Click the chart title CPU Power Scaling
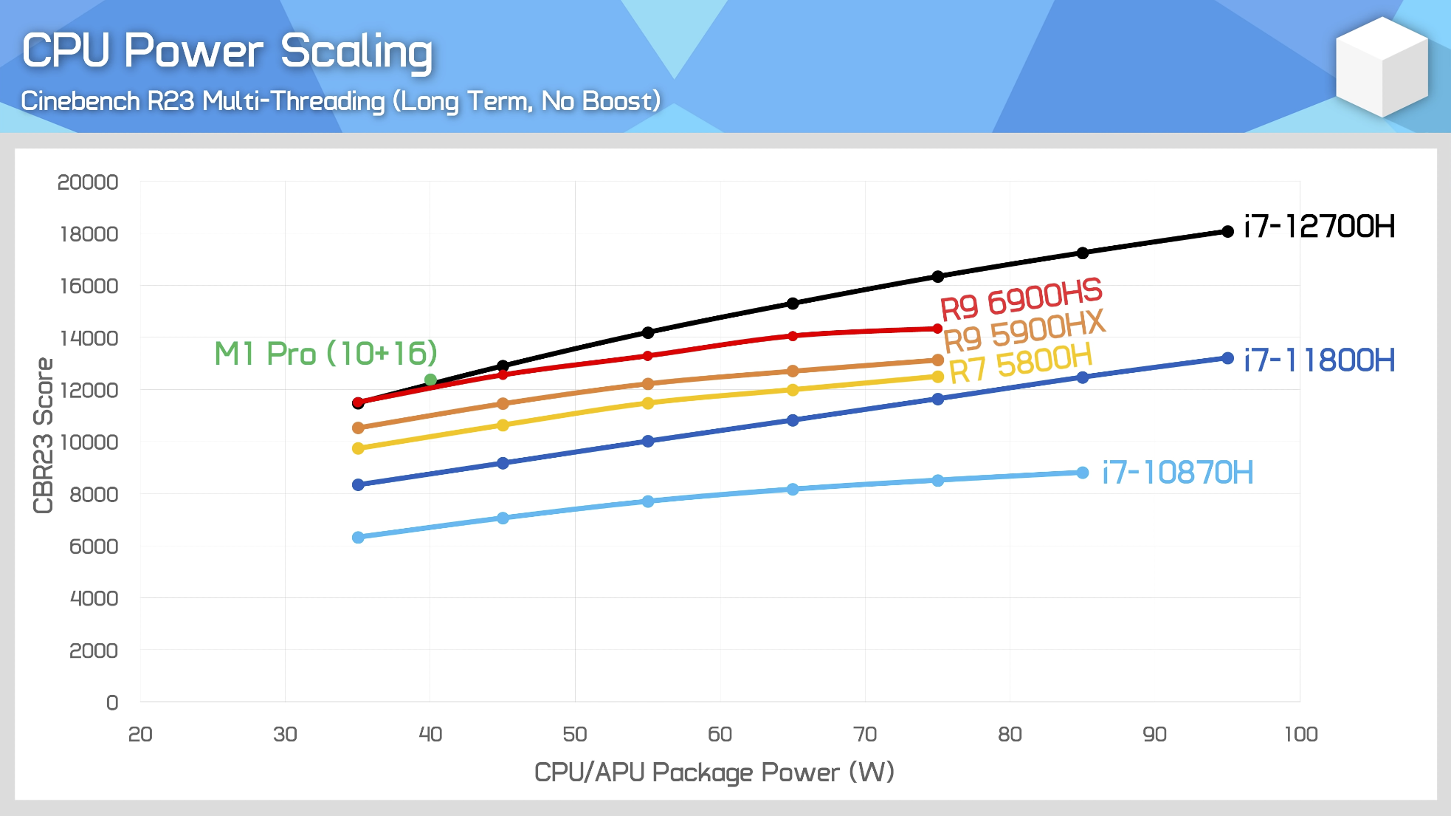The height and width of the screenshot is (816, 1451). [227, 51]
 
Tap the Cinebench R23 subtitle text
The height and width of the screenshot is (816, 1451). [340, 101]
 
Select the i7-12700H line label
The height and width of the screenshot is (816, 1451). [1319, 227]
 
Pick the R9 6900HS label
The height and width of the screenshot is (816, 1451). [1021, 298]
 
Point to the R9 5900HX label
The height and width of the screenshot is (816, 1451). [1024, 331]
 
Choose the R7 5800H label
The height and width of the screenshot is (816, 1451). [1020, 364]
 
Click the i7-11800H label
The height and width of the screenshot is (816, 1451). [1319, 360]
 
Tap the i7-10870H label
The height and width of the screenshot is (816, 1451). [1177, 473]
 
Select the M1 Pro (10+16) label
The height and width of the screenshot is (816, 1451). [325, 354]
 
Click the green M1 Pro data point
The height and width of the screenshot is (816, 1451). [430, 380]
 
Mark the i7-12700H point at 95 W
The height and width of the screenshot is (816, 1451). [1227, 232]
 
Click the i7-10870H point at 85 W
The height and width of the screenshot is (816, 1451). [1083, 473]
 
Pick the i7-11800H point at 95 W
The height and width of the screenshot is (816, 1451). [1227, 358]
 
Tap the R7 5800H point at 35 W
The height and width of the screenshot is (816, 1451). [358, 448]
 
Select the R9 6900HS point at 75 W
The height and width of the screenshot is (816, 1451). [937, 329]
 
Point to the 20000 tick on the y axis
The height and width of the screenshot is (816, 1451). [88, 182]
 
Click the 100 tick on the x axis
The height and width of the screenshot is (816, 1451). [1300, 734]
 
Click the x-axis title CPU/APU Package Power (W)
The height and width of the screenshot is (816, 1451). [714, 772]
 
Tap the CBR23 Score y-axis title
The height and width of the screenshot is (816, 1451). [44, 435]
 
